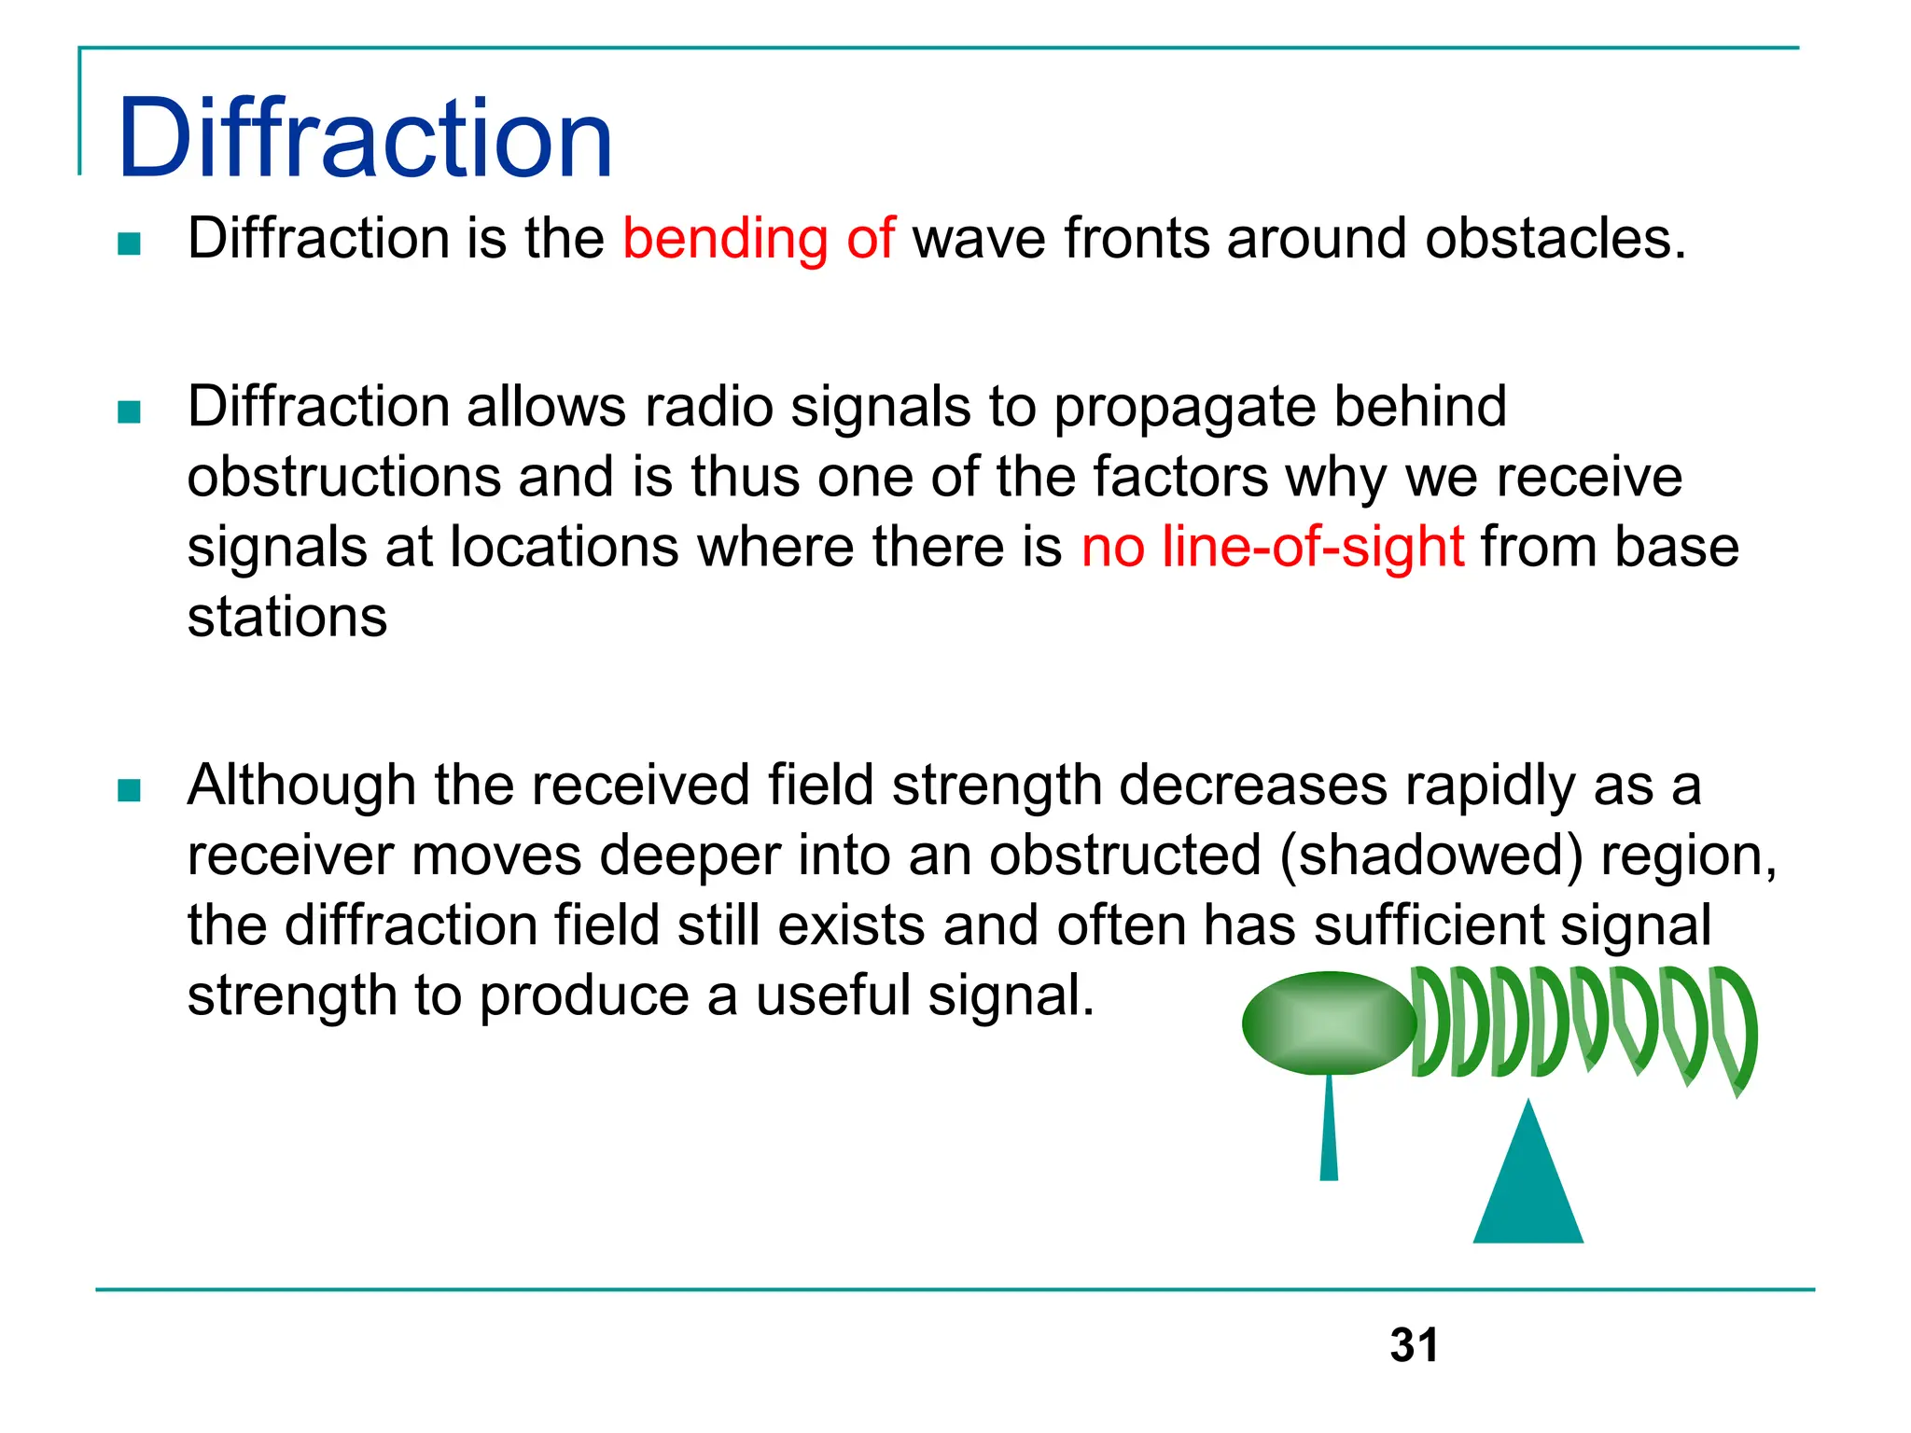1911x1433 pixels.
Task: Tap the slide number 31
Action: tap(1414, 1345)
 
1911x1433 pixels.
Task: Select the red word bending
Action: tap(725, 239)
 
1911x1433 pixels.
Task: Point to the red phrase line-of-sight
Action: tap(1313, 547)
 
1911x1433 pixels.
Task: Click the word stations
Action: tap(287, 618)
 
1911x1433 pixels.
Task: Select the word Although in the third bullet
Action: tap(301, 786)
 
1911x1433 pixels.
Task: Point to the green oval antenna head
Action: tap(1329, 1023)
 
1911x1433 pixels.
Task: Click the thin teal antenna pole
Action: tap(1329, 1129)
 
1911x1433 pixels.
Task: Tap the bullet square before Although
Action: tap(130, 791)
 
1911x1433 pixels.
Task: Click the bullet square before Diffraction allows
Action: tap(130, 411)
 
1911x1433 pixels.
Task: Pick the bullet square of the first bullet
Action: tap(130, 243)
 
